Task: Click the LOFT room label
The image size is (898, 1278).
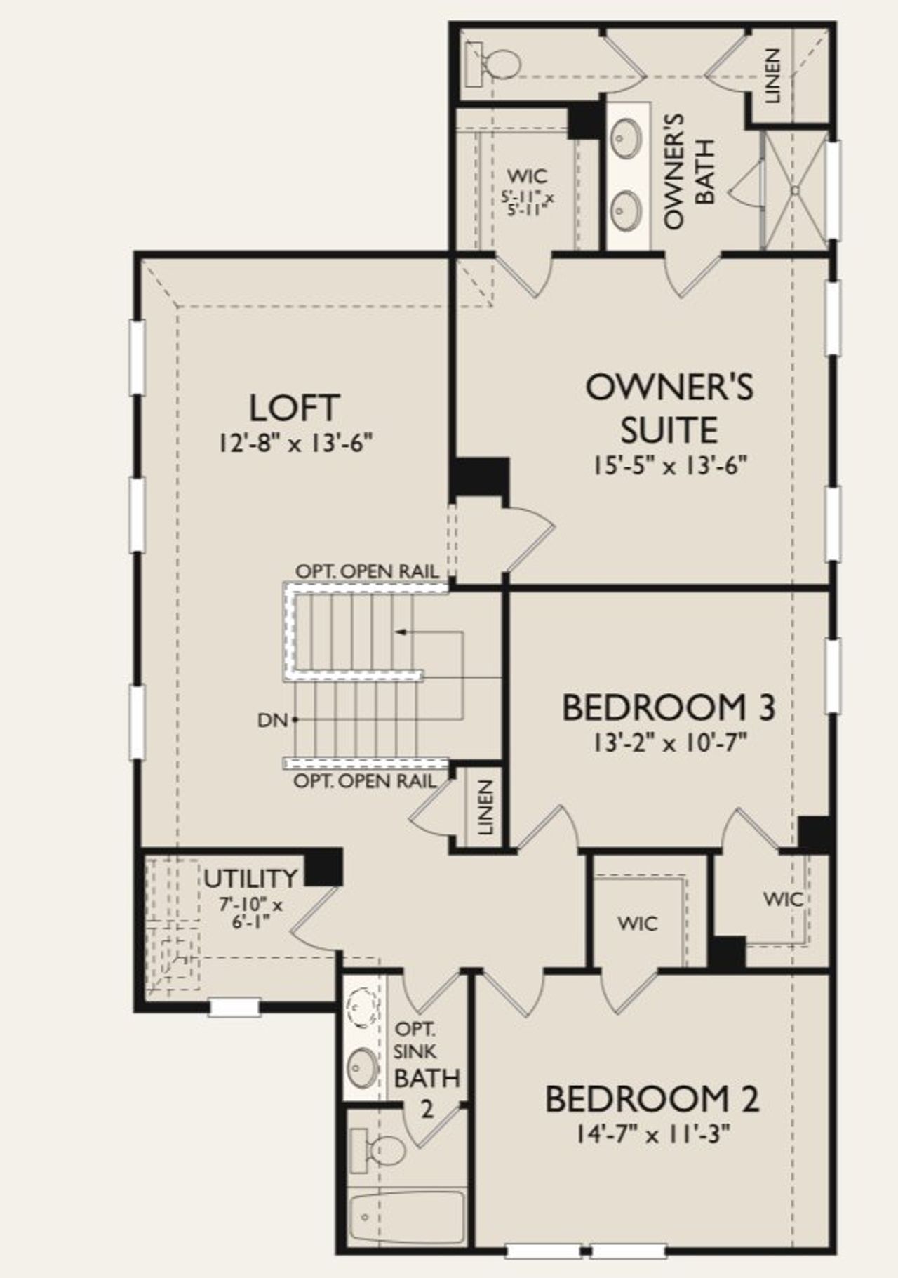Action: click(295, 408)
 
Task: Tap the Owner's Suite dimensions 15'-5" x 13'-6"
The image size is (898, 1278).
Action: click(669, 466)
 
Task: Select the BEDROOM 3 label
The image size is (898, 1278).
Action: click(669, 707)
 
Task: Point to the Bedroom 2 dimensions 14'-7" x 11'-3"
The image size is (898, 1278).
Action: click(653, 1134)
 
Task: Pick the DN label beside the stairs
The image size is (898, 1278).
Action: click(272, 719)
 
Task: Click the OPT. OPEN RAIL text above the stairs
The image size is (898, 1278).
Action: click(367, 571)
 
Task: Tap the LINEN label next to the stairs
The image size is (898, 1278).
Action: click(485, 808)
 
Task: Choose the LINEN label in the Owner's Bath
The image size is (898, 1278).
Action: click(772, 75)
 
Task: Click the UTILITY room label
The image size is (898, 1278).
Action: click(250, 878)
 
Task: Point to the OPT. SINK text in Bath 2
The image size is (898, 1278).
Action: click(415, 1041)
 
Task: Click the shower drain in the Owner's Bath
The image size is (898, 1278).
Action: click(796, 189)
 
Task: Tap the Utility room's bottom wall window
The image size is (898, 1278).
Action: click(234, 1007)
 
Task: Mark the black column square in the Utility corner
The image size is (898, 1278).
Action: click(323, 867)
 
